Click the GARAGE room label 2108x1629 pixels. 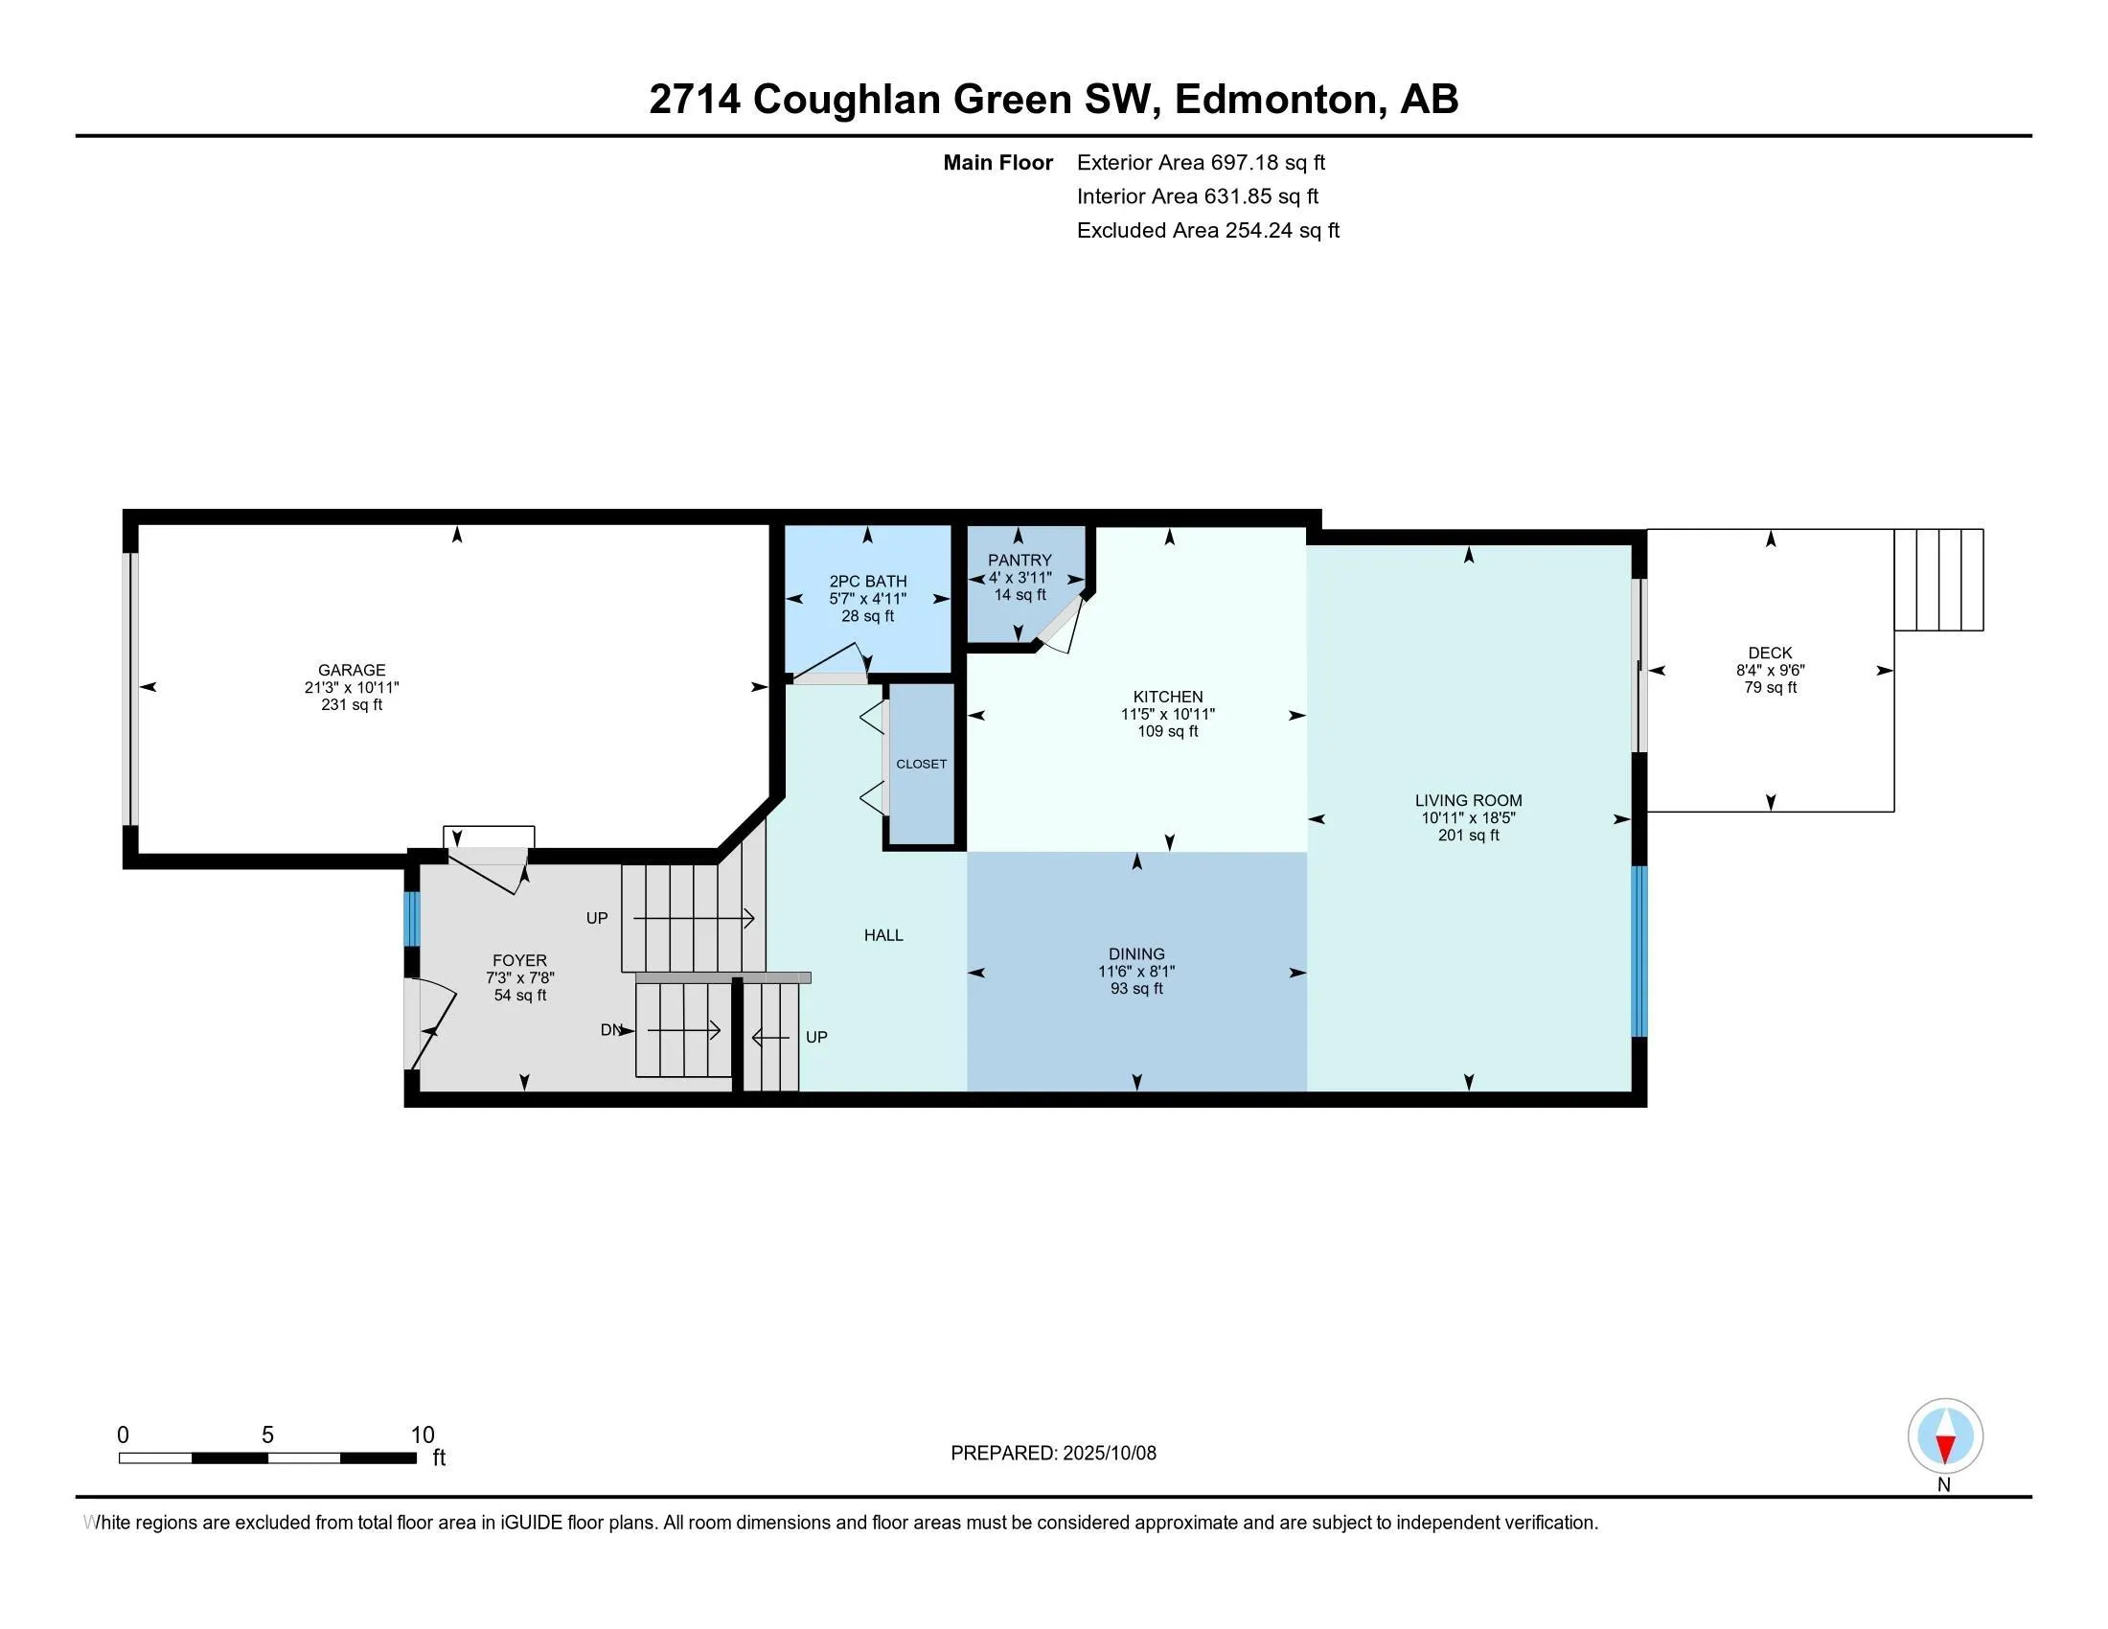click(352, 670)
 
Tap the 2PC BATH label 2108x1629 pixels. click(868, 581)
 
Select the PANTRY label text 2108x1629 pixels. click(1020, 560)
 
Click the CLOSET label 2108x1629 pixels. click(921, 764)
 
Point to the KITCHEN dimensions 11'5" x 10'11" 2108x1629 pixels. click(1167, 714)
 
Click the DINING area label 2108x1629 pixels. click(1136, 953)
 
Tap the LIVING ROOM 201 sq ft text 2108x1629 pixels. click(1468, 835)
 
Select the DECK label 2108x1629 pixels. click(1769, 653)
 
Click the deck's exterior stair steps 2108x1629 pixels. click(1938, 579)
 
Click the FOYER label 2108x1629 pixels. click(519, 960)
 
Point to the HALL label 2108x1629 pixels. click(883, 934)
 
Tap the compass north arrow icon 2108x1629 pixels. click(1945, 1436)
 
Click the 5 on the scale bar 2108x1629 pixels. click(267, 1435)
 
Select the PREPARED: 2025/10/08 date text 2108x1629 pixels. click(1053, 1453)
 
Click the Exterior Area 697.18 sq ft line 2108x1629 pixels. click(1201, 162)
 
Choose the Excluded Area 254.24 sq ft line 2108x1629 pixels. click(1207, 230)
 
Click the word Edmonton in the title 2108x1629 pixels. click(1275, 100)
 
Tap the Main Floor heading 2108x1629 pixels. click(997, 162)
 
